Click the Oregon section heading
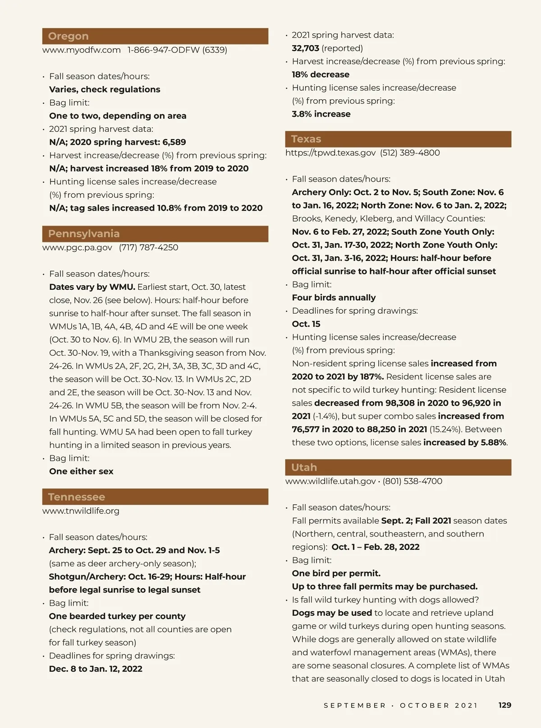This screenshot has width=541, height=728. (x=69, y=36)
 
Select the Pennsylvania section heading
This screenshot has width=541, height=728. (x=84, y=234)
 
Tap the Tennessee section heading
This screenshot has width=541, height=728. (x=77, y=497)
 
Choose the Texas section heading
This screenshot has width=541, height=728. (x=306, y=139)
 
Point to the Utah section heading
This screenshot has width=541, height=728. (x=304, y=468)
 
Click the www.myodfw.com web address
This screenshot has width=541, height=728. (x=82, y=50)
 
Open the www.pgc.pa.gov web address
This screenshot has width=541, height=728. (x=78, y=247)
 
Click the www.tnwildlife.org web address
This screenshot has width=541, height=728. (x=81, y=511)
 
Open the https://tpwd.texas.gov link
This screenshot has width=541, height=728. (x=330, y=153)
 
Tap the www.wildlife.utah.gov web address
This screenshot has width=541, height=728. (x=330, y=481)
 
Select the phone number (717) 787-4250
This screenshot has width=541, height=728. (x=149, y=247)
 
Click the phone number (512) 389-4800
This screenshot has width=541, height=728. (x=410, y=153)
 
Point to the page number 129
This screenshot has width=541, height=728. (x=505, y=705)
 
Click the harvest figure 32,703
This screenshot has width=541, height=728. (x=305, y=48)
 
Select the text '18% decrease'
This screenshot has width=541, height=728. (x=321, y=74)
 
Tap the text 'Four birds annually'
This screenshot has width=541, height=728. (x=334, y=297)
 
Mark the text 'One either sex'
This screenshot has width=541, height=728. (x=81, y=471)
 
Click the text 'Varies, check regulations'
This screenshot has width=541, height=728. (x=105, y=89)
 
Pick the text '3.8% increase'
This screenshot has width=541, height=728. (x=321, y=114)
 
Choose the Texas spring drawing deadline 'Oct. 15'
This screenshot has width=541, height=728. (x=306, y=324)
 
